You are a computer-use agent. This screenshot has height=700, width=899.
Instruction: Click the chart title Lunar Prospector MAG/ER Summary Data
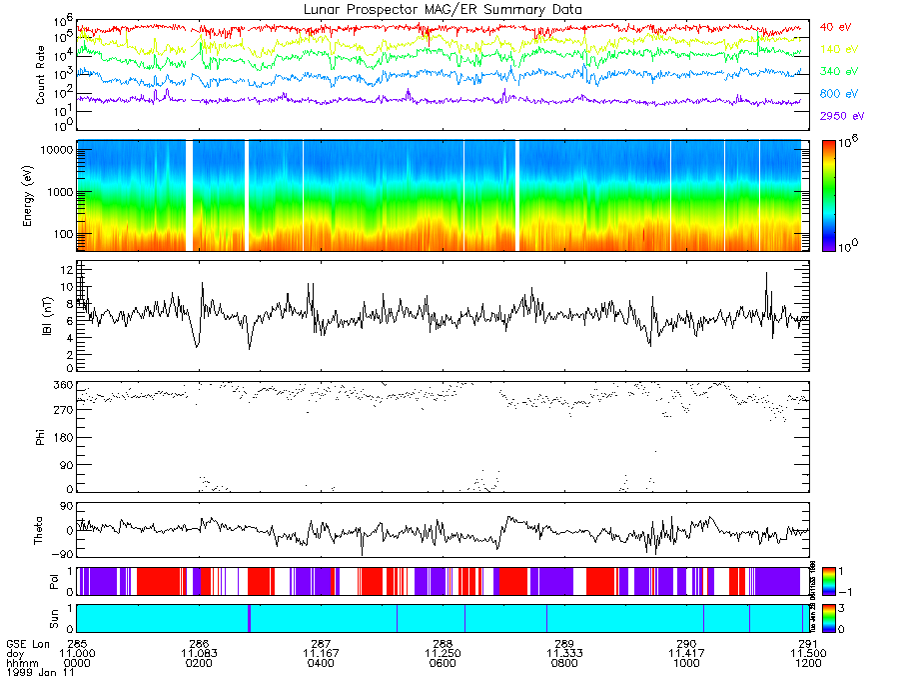tap(443, 9)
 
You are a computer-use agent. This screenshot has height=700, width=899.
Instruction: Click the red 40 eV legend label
tap(835, 27)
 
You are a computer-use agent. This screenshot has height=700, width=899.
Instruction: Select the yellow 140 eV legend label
tap(837, 49)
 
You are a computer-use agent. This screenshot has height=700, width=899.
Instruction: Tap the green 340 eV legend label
tap(837, 72)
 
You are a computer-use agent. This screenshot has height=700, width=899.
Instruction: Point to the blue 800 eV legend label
tap(837, 94)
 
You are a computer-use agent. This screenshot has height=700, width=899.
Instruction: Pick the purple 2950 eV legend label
tap(840, 116)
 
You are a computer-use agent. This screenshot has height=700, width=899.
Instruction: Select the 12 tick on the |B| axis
tap(63, 270)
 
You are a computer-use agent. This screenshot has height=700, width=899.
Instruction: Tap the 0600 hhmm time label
tap(443, 662)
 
